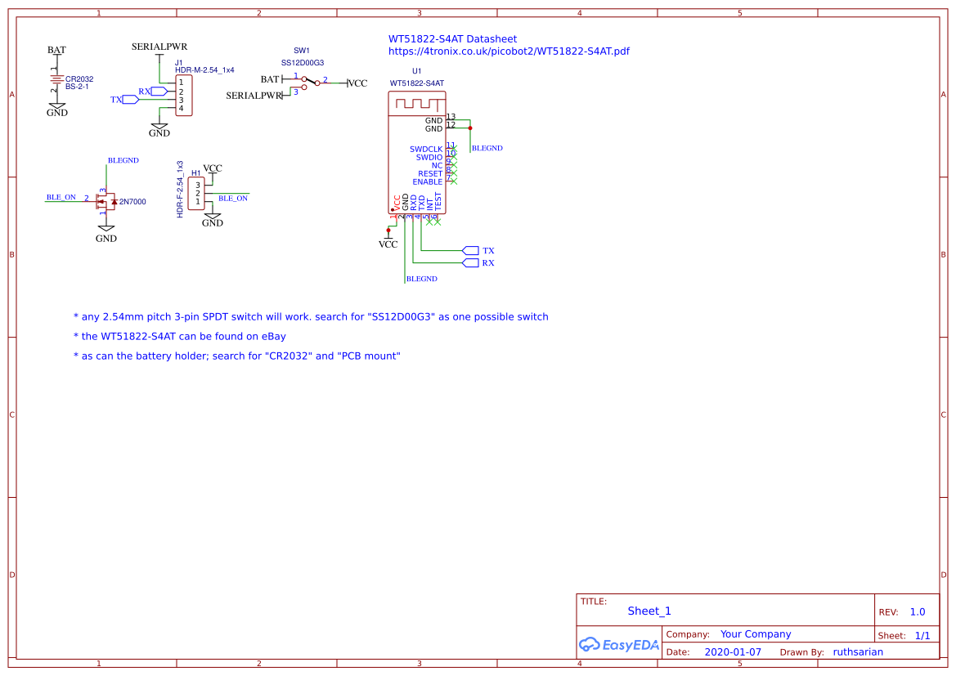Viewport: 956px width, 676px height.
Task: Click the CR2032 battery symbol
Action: pos(56,79)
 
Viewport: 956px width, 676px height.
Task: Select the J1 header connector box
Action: pos(183,96)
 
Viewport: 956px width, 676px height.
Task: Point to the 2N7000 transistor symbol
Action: pos(105,201)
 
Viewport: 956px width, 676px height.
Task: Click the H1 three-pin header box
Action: pos(196,194)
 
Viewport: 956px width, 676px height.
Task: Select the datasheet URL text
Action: pos(509,51)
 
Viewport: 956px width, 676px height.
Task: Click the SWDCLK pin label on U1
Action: pos(426,149)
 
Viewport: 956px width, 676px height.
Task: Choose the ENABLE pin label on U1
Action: pos(427,181)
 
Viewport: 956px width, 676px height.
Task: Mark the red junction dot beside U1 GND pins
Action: pos(470,128)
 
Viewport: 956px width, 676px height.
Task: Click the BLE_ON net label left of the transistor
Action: pos(61,197)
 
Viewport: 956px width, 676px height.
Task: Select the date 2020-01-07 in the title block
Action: pos(733,652)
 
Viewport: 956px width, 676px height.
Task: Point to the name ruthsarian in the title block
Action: pos(858,652)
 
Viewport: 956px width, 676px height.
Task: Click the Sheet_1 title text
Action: pos(649,611)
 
